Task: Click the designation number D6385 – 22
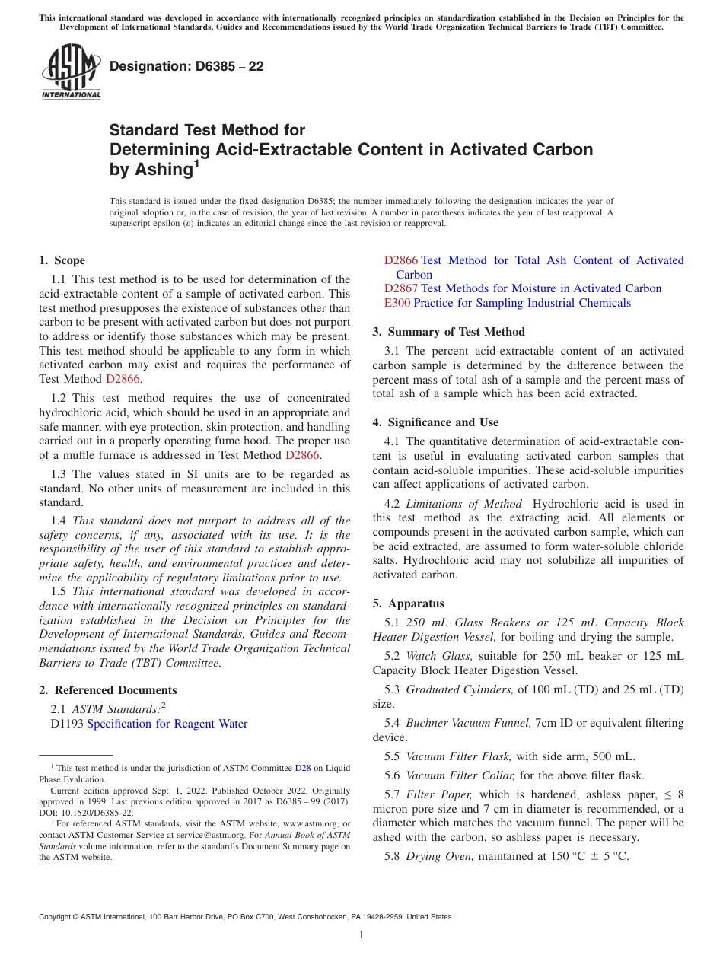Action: (x=186, y=66)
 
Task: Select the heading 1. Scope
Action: (x=62, y=260)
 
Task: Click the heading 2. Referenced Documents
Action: (x=108, y=690)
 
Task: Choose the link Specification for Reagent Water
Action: (x=167, y=724)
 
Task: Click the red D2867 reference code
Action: (x=401, y=288)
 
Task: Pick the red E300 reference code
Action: (x=397, y=303)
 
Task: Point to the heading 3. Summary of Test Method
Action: (x=448, y=332)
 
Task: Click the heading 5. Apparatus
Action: (x=408, y=603)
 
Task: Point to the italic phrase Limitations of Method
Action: (x=463, y=504)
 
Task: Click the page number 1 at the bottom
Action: (x=361, y=935)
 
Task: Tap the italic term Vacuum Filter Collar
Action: (x=460, y=775)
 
